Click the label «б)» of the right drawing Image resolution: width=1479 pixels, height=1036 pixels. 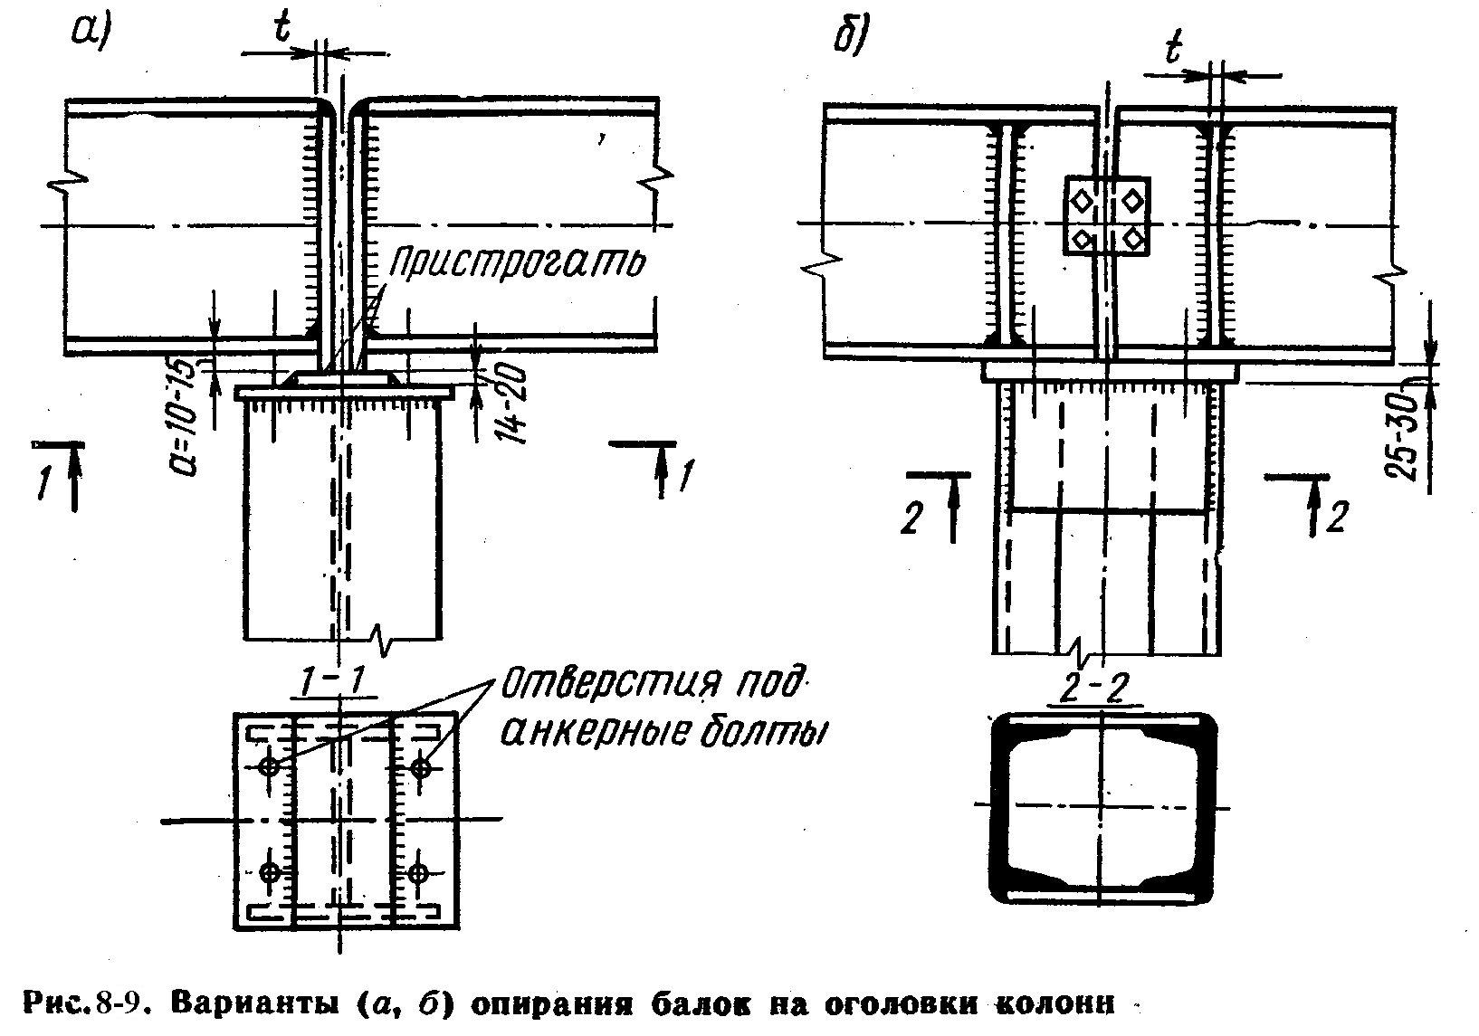click(852, 37)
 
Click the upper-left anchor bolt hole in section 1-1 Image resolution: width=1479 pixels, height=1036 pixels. click(269, 767)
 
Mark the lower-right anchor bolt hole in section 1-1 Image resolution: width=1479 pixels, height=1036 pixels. click(417, 873)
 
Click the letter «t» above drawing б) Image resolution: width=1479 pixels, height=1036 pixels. click(1174, 52)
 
